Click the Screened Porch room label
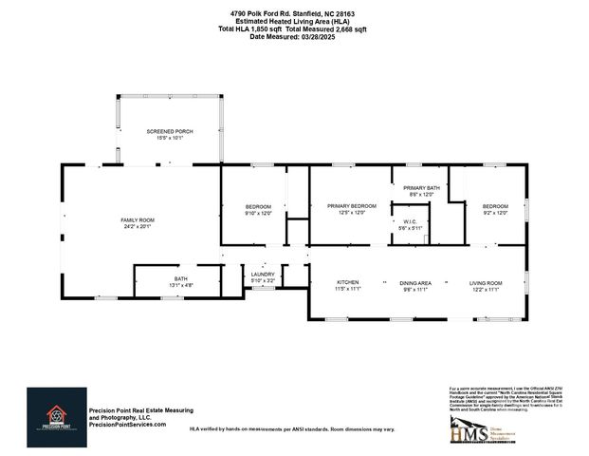pos(170,131)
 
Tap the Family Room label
pos(138,220)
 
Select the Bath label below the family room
pos(180,278)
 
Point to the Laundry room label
pos(263,275)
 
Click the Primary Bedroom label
pos(352,206)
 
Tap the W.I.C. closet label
pos(410,222)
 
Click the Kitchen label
pos(348,283)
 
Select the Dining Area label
pos(415,283)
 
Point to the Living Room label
pos(486,283)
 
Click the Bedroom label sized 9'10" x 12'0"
pos(259,206)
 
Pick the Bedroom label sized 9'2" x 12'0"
pos(495,206)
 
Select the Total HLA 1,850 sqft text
pos(251,29)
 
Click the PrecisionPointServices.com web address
pos(127,425)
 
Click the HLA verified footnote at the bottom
pos(292,429)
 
